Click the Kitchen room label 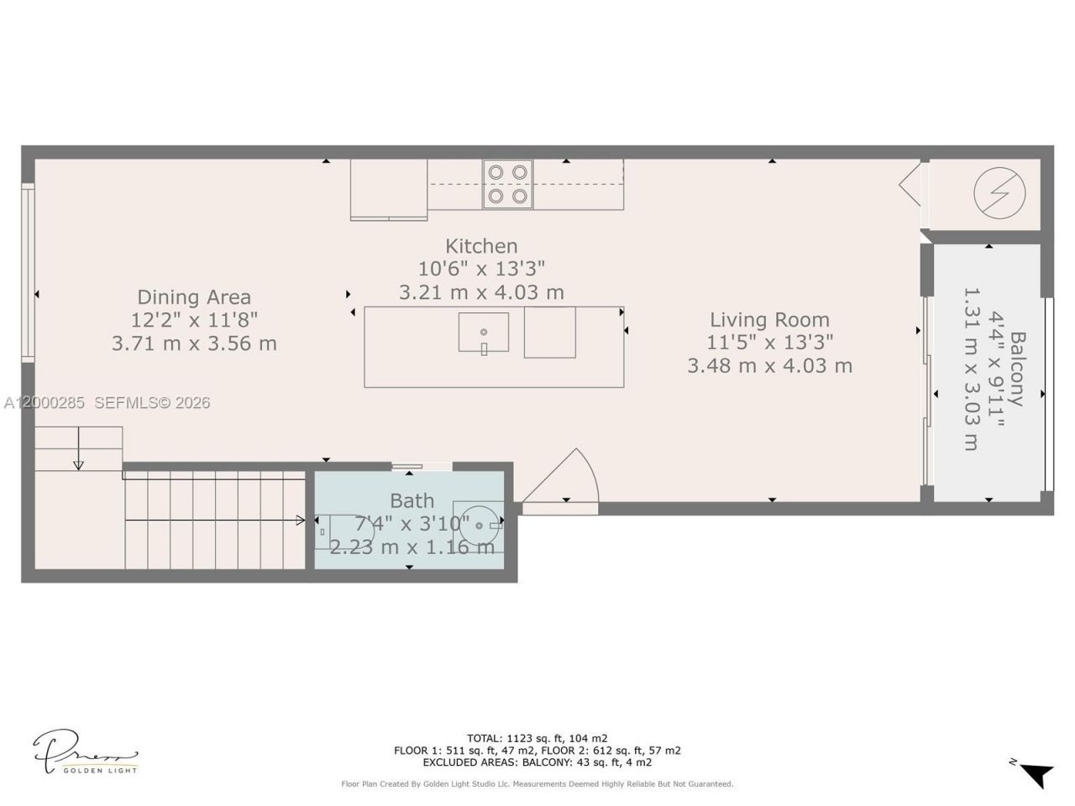pos(481,246)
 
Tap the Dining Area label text pos(194,297)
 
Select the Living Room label pos(769,320)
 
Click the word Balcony pos(1017,369)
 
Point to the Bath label pos(412,501)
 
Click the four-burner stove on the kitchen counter pos(508,184)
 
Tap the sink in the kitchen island pos(484,332)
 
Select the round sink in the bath pos(480,526)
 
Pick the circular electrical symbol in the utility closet pos(999,194)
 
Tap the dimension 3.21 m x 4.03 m pos(481,292)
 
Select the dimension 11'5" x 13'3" pos(769,343)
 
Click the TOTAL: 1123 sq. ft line pos(537,738)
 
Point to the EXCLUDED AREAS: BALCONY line pos(537,762)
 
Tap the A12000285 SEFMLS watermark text pos(107,403)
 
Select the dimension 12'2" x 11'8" pos(194,320)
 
